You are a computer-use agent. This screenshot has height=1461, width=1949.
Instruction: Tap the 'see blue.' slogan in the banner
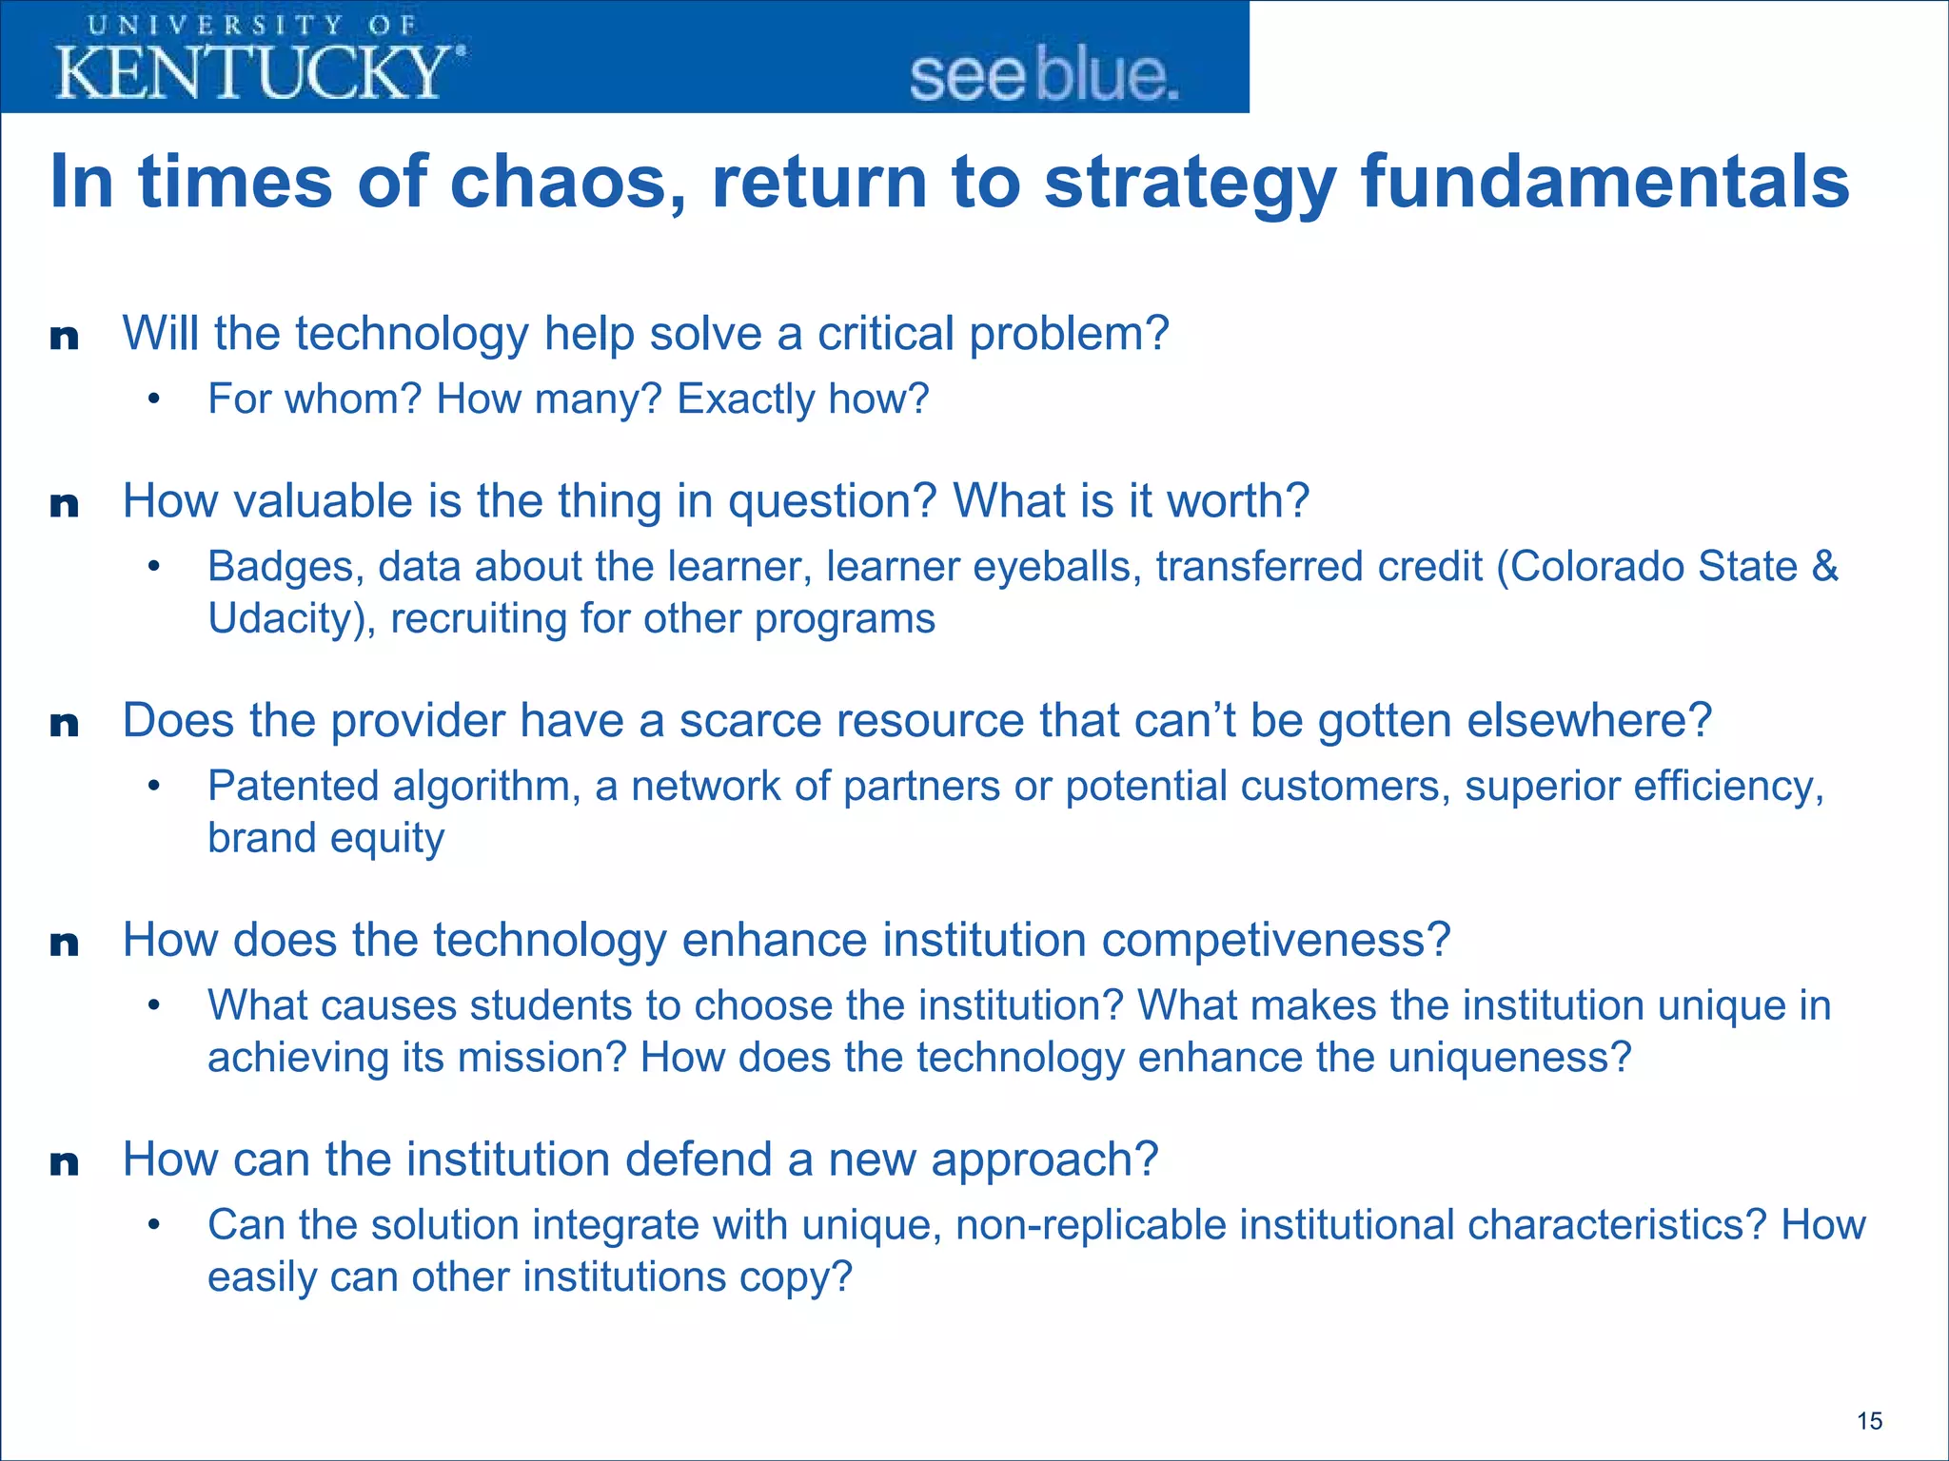tap(1044, 76)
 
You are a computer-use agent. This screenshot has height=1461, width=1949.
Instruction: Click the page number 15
tap(1869, 1421)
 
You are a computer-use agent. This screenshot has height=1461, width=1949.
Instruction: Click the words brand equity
tap(325, 839)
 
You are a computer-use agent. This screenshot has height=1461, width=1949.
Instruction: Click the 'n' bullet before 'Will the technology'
tap(64, 337)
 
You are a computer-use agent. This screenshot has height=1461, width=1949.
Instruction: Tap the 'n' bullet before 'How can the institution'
tap(64, 1162)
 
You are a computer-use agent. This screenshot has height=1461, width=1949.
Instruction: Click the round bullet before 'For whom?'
tap(154, 399)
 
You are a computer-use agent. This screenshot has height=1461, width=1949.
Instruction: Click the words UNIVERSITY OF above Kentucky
tap(252, 25)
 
